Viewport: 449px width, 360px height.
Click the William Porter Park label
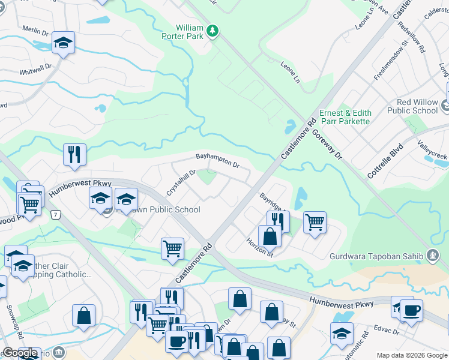[x=183, y=32]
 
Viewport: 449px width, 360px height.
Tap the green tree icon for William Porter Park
[x=211, y=31]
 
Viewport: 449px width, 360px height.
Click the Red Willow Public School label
[x=412, y=106]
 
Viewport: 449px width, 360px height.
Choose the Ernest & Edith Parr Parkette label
[x=345, y=117]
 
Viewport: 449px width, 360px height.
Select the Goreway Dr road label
[x=330, y=146]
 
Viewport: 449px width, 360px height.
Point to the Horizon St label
[x=259, y=247]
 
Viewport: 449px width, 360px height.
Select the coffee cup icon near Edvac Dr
[x=412, y=311]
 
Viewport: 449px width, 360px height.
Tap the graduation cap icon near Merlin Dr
[x=62, y=43]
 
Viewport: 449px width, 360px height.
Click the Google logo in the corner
[x=20, y=353]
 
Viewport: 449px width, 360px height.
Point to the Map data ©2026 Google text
[x=412, y=355]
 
